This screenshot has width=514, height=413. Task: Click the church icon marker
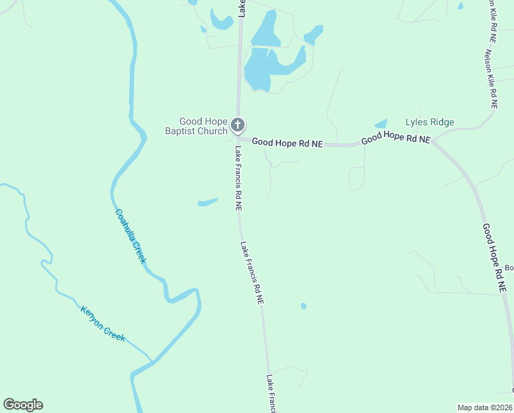(x=238, y=125)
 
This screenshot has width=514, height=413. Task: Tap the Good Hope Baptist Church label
(x=196, y=127)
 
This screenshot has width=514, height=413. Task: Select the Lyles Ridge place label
(x=429, y=123)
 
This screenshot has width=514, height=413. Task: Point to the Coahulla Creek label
(x=131, y=236)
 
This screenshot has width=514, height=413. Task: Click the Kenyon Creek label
(x=103, y=324)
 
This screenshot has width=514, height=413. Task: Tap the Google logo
(x=23, y=405)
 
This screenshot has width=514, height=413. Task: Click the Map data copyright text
(x=485, y=407)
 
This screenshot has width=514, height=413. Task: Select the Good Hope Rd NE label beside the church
(x=287, y=142)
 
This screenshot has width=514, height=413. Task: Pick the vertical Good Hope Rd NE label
(x=494, y=260)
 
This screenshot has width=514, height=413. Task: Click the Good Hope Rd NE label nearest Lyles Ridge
(x=396, y=138)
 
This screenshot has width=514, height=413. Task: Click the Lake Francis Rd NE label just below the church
(x=238, y=178)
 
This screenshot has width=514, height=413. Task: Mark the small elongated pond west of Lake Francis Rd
(x=208, y=202)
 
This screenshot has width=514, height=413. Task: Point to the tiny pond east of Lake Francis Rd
(x=303, y=306)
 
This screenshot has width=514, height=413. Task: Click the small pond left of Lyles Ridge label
(x=381, y=124)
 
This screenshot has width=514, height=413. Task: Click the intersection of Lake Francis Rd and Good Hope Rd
(x=238, y=138)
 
